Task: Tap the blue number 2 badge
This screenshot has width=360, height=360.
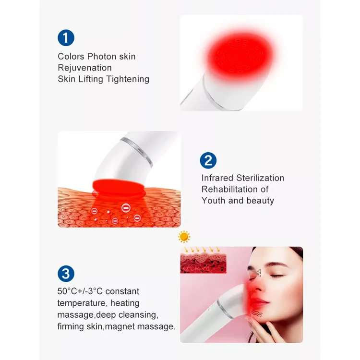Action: [x=208, y=160]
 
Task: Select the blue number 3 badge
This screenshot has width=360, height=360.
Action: [x=65, y=274]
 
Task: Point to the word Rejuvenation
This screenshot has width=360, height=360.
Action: [x=84, y=68]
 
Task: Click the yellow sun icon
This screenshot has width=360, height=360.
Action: [x=184, y=237]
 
